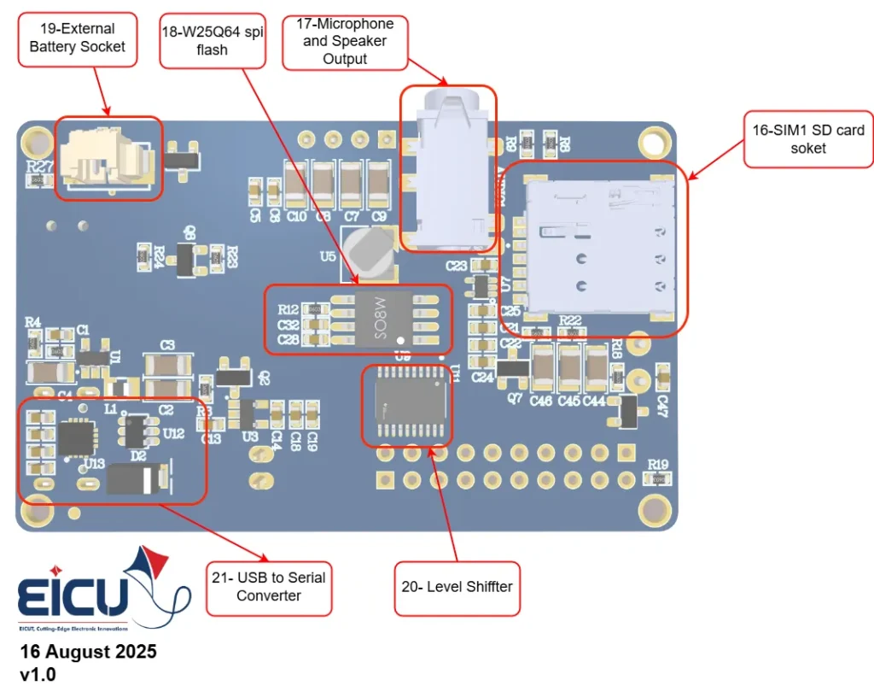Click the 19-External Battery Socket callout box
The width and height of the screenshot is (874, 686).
point(77,39)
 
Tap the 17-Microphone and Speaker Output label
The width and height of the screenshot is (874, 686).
point(345,41)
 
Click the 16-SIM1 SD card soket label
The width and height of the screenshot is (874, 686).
point(808,138)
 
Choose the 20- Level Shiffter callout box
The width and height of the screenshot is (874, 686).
point(457,587)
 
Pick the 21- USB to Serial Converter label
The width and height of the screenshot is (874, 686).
point(269,587)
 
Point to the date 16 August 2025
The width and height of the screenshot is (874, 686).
point(89,652)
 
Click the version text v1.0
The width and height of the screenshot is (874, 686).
point(38,673)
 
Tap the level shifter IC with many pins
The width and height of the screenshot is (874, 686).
point(407,406)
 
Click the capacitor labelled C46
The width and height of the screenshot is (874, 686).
point(543,366)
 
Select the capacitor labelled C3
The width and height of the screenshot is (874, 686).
point(167,365)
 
